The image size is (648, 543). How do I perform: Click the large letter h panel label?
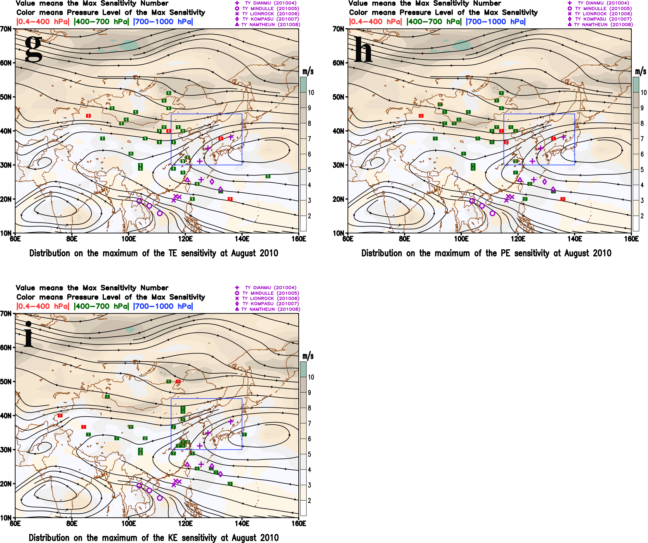363,49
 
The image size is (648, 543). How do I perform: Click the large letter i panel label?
29,334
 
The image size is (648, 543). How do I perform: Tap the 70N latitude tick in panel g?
6,29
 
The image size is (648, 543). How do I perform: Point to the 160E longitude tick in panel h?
631,239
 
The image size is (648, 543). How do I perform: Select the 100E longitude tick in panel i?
128,523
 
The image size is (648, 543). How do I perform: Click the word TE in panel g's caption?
173,253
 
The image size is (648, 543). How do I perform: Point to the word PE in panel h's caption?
505,253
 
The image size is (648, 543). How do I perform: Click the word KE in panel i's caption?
173,538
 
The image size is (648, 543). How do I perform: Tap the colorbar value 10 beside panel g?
311,93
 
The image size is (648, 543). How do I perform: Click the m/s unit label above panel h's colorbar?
640,71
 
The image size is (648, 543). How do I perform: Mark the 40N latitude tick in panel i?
6,416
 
